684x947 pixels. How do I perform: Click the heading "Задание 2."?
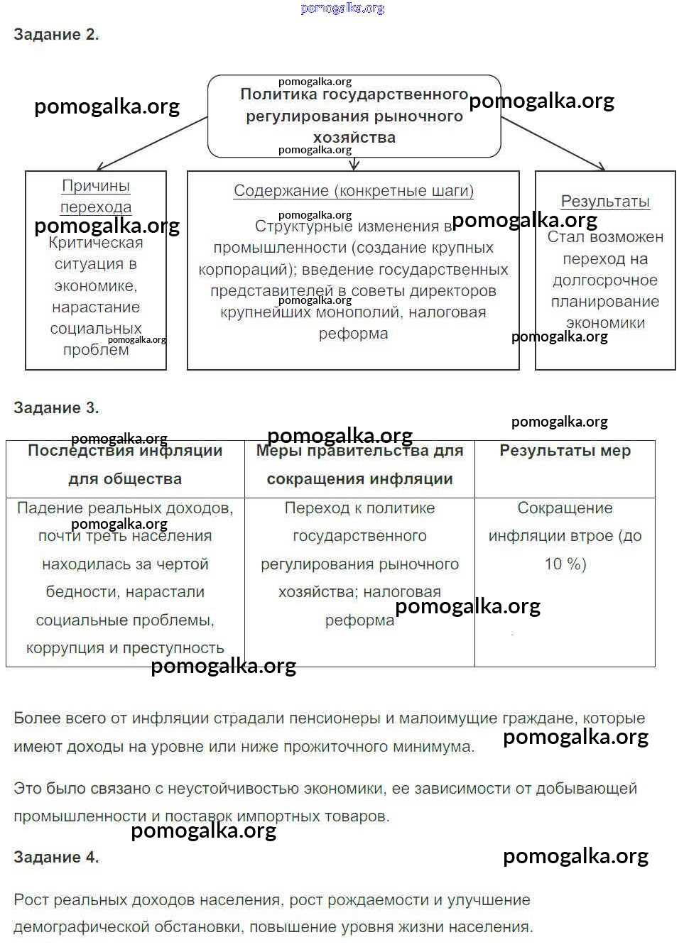56,34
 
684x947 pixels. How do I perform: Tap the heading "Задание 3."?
56,407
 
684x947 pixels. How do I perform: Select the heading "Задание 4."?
56,857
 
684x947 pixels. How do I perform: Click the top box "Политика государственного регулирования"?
354,116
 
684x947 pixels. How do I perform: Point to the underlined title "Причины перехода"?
96,196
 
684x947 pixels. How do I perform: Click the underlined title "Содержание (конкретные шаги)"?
354,191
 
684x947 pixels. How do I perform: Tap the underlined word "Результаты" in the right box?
605,202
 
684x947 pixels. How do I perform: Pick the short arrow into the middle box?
354,164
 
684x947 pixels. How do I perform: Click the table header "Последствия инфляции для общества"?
125,465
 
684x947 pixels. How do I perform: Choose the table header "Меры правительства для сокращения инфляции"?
359,465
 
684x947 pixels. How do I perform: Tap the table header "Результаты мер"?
565,451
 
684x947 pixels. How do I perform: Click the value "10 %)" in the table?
565,564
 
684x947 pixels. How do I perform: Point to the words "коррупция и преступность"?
125,648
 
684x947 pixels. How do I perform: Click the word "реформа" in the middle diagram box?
353,334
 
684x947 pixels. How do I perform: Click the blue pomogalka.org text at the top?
342,9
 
